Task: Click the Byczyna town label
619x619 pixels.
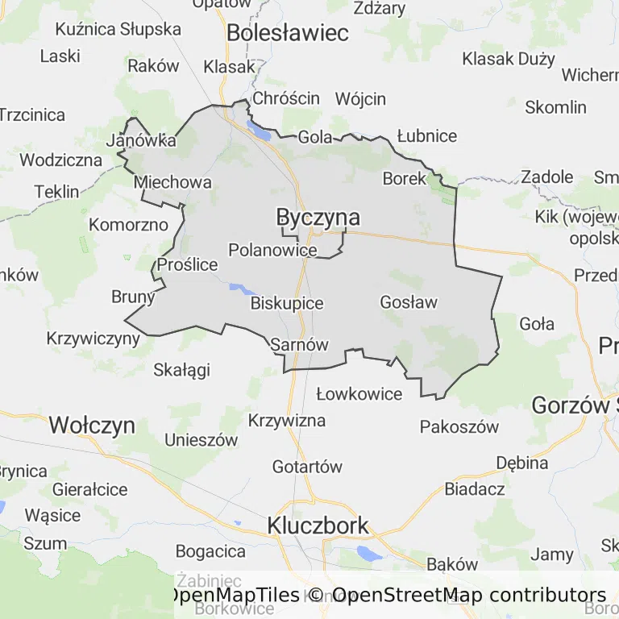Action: click(x=318, y=218)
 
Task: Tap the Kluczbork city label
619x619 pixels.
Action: click(x=318, y=526)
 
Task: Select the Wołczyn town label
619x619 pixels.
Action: click(x=92, y=426)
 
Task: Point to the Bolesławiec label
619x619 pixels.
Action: click(x=288, y=33)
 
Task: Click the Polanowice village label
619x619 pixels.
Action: click(x=272, y=250)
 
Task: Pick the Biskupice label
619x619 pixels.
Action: click(x=287, y=304)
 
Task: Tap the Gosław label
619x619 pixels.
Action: click(x=408, y=302)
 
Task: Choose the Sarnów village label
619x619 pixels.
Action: click(x=300, y=344)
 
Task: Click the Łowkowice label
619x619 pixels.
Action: click(x=359, y=394)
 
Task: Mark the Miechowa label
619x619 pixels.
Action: click(x=173, y=182)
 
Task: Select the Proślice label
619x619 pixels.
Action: click(x=188, y=264)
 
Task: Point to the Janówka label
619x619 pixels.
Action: click(x=141, y=140)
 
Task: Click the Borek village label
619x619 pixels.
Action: click(x=404, y=179)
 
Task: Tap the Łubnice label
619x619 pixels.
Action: click(x=427, y=136)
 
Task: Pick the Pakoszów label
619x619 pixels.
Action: click(x=459, y=426)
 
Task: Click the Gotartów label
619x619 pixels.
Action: click(x=307, y=467)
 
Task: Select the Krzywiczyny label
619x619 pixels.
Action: click(x=93, y=338)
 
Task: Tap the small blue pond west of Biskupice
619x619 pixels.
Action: click(x=239, y=288)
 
